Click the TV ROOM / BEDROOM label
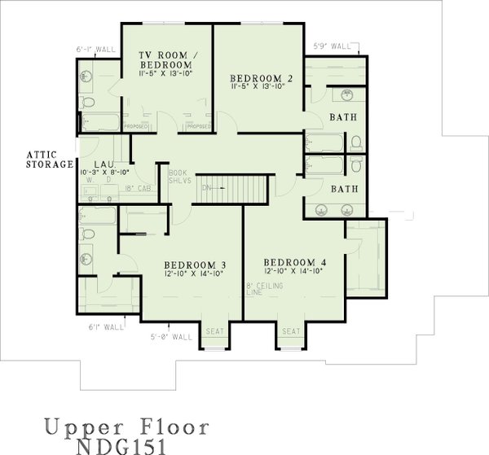[x=165, y=59]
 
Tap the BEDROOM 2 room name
[x=258, y=79]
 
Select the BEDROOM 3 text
[x=195, y=265]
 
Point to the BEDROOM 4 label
[x=295, y=262]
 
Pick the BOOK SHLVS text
[x=179, y=177]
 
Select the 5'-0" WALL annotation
[x=171, y=336]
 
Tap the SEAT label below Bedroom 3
[x=214, y=331]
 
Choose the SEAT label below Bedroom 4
[x=291, y=331]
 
